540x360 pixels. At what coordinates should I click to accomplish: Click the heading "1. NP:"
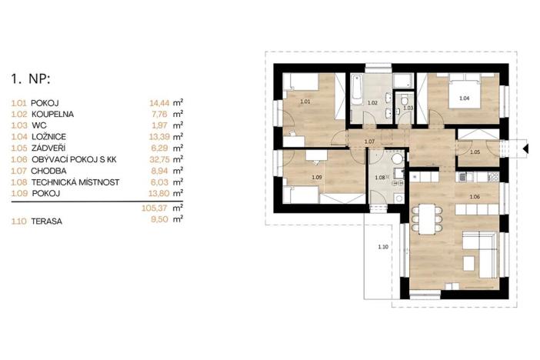tap(29, 78)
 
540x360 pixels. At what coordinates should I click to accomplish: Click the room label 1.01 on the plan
tap(305, 102)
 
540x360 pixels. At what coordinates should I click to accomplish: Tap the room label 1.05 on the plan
tap(475, 152)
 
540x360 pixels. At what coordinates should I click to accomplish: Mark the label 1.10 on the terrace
tap(384, 246)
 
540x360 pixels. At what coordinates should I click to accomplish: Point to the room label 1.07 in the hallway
tap(368, 142)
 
